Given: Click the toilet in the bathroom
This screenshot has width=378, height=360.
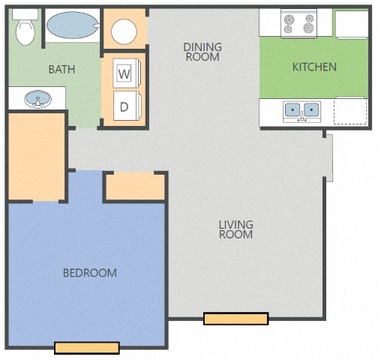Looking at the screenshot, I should [x=25, y=29].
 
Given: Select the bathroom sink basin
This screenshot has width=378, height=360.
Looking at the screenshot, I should [x=34, y=98].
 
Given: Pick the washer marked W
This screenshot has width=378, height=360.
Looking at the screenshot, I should [x=124, y=73].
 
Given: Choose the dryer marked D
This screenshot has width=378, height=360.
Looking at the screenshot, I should [x=124, y=106].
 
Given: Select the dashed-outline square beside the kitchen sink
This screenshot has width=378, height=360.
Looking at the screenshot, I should [x=349, y=111].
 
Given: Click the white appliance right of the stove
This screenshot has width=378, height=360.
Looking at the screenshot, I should [x=350, y=22].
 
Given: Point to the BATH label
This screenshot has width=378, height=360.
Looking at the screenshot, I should [x=61, y=69].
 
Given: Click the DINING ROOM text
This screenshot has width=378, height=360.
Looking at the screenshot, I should [x=202, y=52].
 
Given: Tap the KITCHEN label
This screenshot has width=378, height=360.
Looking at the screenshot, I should [x=313, y=67].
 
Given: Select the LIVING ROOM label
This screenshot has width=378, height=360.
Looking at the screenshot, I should [x=235, y=229].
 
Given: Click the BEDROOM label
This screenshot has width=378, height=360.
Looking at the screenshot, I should [x=89, y=272].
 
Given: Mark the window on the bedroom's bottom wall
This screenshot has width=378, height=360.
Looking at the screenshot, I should [x=86, y=347].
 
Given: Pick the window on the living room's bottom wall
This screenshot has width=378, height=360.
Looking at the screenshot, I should [x=235, y=319].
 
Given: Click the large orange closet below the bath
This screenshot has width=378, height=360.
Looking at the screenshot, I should [x=37, y=157].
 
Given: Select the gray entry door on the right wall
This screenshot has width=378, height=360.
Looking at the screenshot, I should [x=328, y=157].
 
